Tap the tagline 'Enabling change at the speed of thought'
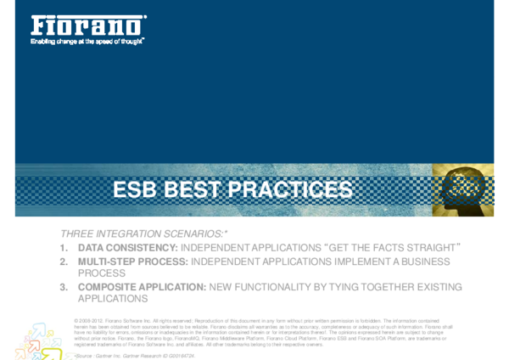(87, 40)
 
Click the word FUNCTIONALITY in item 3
(277, 287)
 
